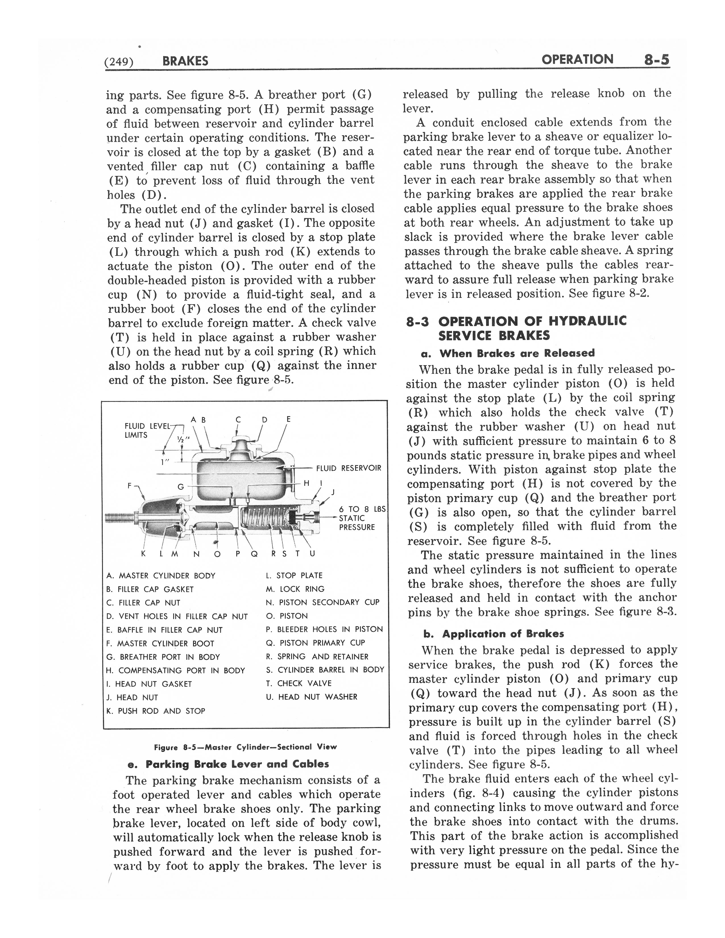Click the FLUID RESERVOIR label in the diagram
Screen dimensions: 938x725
click(x=348, y=468)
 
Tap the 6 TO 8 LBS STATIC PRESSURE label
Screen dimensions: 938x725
click(x=361, y=518)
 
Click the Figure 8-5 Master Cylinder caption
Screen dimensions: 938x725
click(x=245, y=747)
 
